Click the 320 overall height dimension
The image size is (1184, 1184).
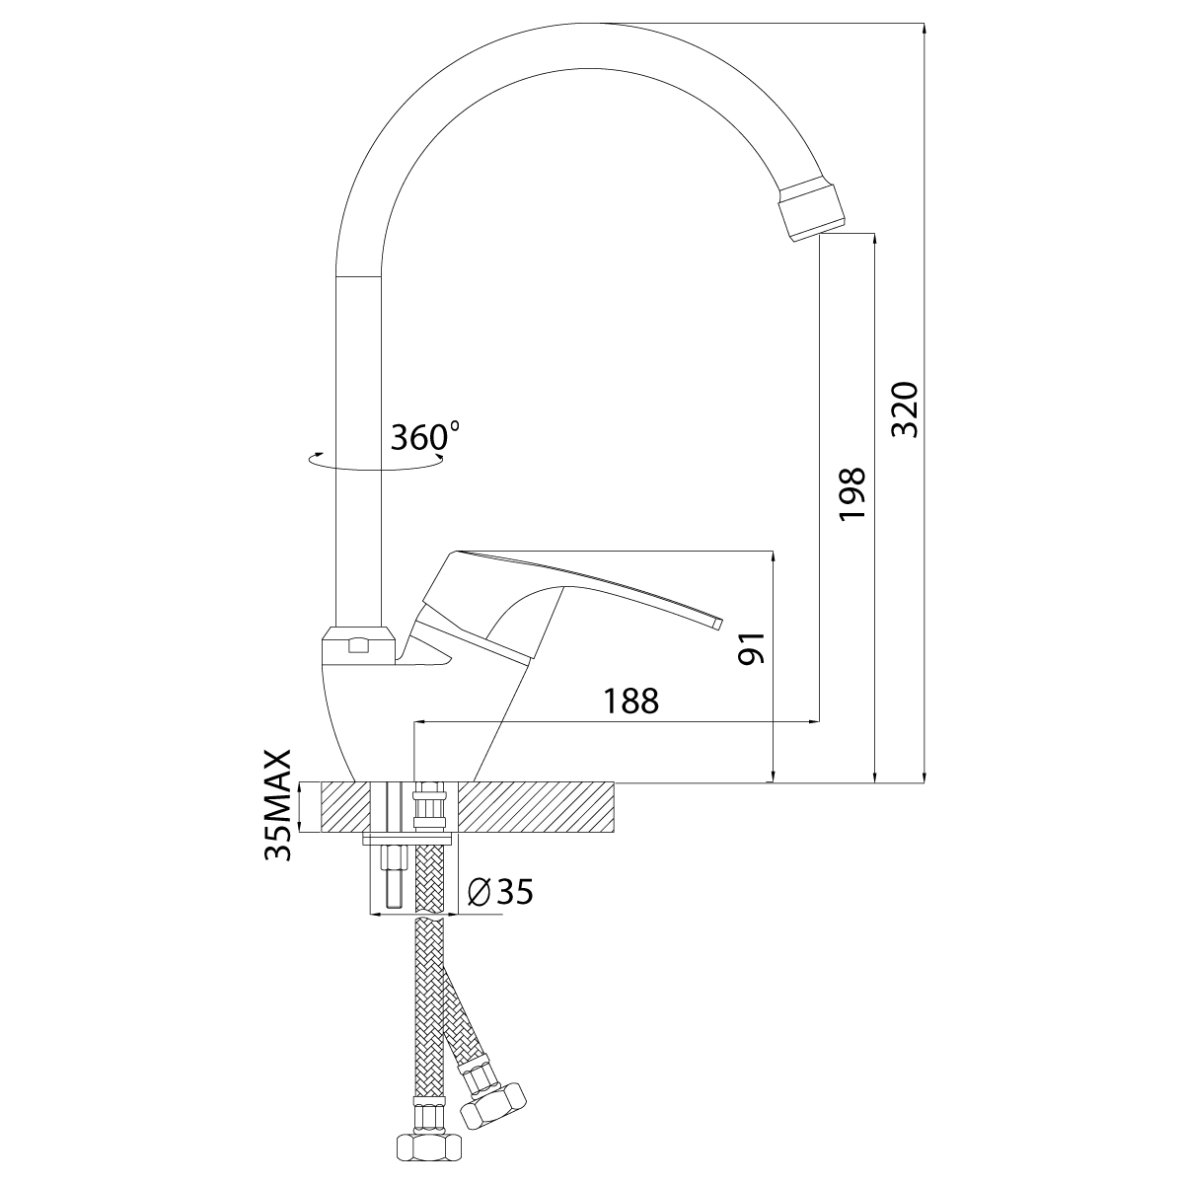905,409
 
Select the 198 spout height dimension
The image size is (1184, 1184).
852,494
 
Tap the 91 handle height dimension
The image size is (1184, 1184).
752,647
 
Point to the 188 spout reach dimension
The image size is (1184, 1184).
631,702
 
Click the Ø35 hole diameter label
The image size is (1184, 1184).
499,891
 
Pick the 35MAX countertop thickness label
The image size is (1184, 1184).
277,804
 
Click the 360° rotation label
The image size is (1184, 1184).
425,436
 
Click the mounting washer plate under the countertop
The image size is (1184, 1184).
407,838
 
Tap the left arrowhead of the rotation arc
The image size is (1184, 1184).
315,458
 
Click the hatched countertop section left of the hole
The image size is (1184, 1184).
346,807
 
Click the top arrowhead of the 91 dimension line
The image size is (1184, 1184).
773,557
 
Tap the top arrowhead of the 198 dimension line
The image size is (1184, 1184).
875,240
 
